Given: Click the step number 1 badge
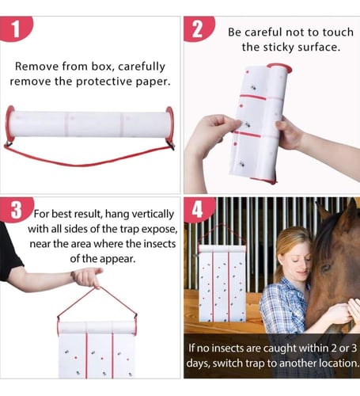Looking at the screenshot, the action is pos(16,29).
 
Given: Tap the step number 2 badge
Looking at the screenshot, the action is pos(199,29).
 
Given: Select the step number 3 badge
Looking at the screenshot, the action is pos(17,210).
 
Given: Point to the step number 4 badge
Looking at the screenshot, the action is pos(198,210).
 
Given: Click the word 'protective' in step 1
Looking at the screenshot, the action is pos(104,82).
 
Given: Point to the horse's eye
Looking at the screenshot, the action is pos(326,268).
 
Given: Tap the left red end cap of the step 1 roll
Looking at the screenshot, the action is pos(9,124).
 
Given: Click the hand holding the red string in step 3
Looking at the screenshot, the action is pos(87,277).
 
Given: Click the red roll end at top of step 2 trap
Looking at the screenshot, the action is pos(280,67).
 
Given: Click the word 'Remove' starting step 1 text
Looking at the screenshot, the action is pos(36,67).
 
